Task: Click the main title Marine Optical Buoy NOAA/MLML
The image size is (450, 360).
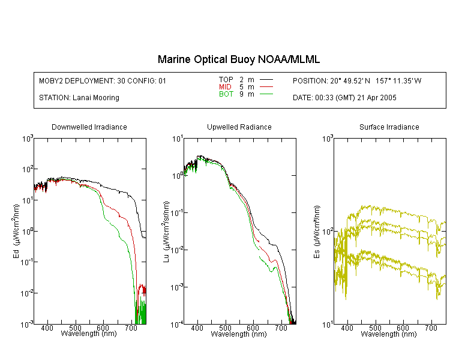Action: point(238,59)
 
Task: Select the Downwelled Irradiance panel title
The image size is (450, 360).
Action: point(89,127)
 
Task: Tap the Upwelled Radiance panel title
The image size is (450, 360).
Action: point(239,127)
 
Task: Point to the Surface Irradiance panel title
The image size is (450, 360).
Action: point(389,127)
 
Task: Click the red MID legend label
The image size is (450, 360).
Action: point(225,86)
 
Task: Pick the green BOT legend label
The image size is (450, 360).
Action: point(226,94)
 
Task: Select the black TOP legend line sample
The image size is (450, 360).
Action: point(266,80)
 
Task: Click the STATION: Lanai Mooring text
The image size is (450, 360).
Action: point(79,98)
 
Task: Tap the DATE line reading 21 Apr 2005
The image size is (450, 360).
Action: point(344,98)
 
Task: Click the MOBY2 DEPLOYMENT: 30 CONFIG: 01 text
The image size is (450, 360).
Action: point(103,80)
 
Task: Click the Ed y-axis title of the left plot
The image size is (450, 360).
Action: point(16,231)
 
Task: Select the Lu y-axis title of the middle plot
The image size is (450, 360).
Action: point(166,232)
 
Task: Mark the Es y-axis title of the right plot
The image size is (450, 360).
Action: point(317,232)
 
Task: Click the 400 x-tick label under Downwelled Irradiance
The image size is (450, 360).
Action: point(47,328)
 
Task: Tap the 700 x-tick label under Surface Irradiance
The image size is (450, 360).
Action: point(431,328)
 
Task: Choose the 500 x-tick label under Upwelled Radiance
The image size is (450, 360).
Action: point(225,328)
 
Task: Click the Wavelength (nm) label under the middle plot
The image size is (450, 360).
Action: point(239,334)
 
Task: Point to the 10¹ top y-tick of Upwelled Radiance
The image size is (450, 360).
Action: point(178,139)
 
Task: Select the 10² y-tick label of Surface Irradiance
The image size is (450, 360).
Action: point(328,232)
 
